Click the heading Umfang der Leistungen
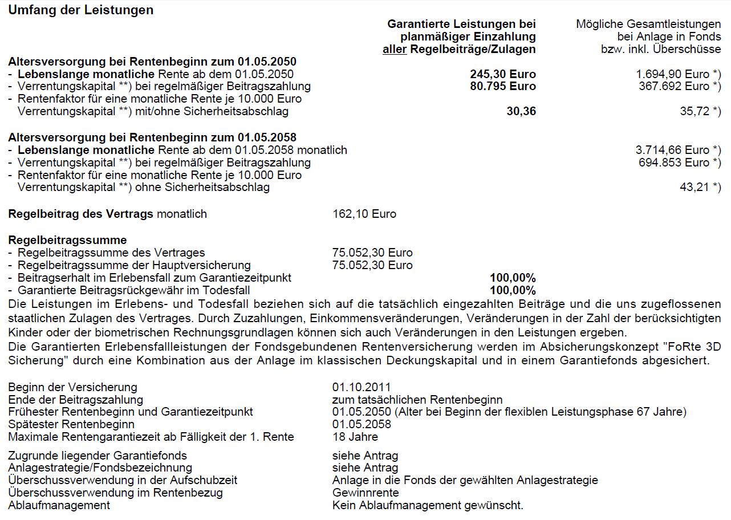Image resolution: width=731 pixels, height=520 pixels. (x=80, y=10)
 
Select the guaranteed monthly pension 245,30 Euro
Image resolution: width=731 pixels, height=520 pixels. (x=503, y=74)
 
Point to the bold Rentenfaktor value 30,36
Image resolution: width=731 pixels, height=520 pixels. (x=521, y=111)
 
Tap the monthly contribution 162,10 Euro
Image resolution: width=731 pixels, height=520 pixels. (x=364, y=214)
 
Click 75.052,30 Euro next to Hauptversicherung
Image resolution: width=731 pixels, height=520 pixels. (x=372, y=265)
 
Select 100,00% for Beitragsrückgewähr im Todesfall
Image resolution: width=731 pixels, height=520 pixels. (x=513, y=290)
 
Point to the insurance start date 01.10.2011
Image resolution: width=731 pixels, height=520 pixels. (x=362, y=388)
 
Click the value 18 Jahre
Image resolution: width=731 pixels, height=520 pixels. (x=355, y=437)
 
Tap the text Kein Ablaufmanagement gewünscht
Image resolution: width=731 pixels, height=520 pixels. (x=428, y=505)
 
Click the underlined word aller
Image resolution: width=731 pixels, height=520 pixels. (x=395, y=49)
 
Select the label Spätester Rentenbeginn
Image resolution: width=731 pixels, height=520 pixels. (x=71, y=424)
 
